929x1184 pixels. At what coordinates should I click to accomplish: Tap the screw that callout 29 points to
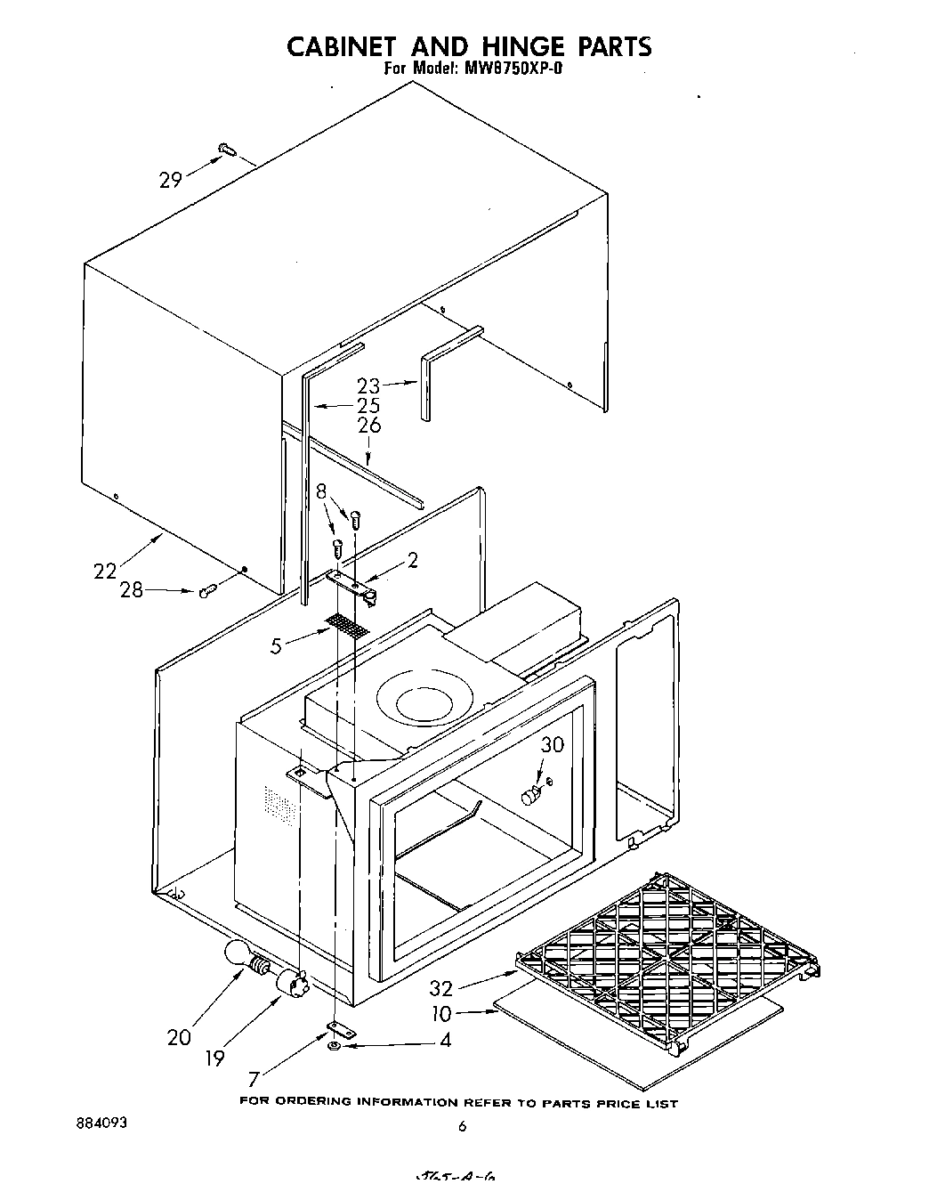point(225,150)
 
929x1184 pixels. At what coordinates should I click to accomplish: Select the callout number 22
point(106,571)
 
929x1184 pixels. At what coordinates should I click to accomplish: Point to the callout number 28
point(132,589)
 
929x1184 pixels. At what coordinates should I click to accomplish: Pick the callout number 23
point(368,385)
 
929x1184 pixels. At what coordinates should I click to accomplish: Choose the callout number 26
point(368,426)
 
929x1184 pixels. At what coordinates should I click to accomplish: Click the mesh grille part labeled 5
point(347,625)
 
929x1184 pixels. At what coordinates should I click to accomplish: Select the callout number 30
point(553,744)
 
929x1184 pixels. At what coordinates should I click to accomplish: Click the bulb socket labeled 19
point(291,983)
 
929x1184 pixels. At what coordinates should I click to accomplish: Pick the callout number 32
point(441,987)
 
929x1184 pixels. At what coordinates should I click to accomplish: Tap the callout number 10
point(441,1012)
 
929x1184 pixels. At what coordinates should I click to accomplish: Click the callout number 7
point(254,1079)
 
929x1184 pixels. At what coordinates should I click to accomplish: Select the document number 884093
point(102,1123)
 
